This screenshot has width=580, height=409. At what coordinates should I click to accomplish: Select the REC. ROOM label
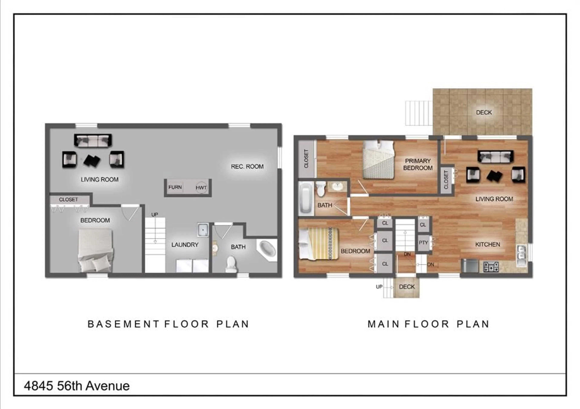pyautogui.click(x=247, y=167)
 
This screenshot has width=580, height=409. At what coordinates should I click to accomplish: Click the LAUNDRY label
pyautogui.click(x=185, y=245)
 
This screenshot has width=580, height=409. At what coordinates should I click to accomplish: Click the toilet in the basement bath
pyautogui.click(x=231, y=264)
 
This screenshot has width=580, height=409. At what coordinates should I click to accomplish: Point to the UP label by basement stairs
pyautogui.click(x=155, y=215)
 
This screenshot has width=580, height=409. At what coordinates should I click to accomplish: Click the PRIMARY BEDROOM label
pyautogui.click(x=418, y=164)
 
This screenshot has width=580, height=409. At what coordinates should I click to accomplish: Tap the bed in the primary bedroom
pyautogui.click(x=378, y=160)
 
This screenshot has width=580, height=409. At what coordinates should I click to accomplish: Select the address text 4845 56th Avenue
pyautogui.click(x=77, y=386)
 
